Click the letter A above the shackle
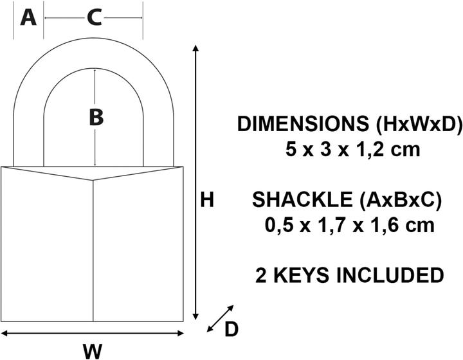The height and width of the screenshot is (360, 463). pyautogui.click(x=28, y=18)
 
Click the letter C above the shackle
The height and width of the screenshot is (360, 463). pyautogui.click(x=94, y=19)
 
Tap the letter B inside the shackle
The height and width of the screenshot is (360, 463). pyautogui.click(x=95, y=118)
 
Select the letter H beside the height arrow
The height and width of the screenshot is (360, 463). pyautogui.click(x=206, y=201)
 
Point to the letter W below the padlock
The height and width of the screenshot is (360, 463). pyautogui.click(x=93, y=351)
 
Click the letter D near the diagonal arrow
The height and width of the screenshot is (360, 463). pyautogui.click(x=231, y=330)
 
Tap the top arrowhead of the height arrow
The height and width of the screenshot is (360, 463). pyautogui.click(x=195, y=51)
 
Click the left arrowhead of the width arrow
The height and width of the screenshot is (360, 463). pyautogui.click(x=5, y=332)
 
